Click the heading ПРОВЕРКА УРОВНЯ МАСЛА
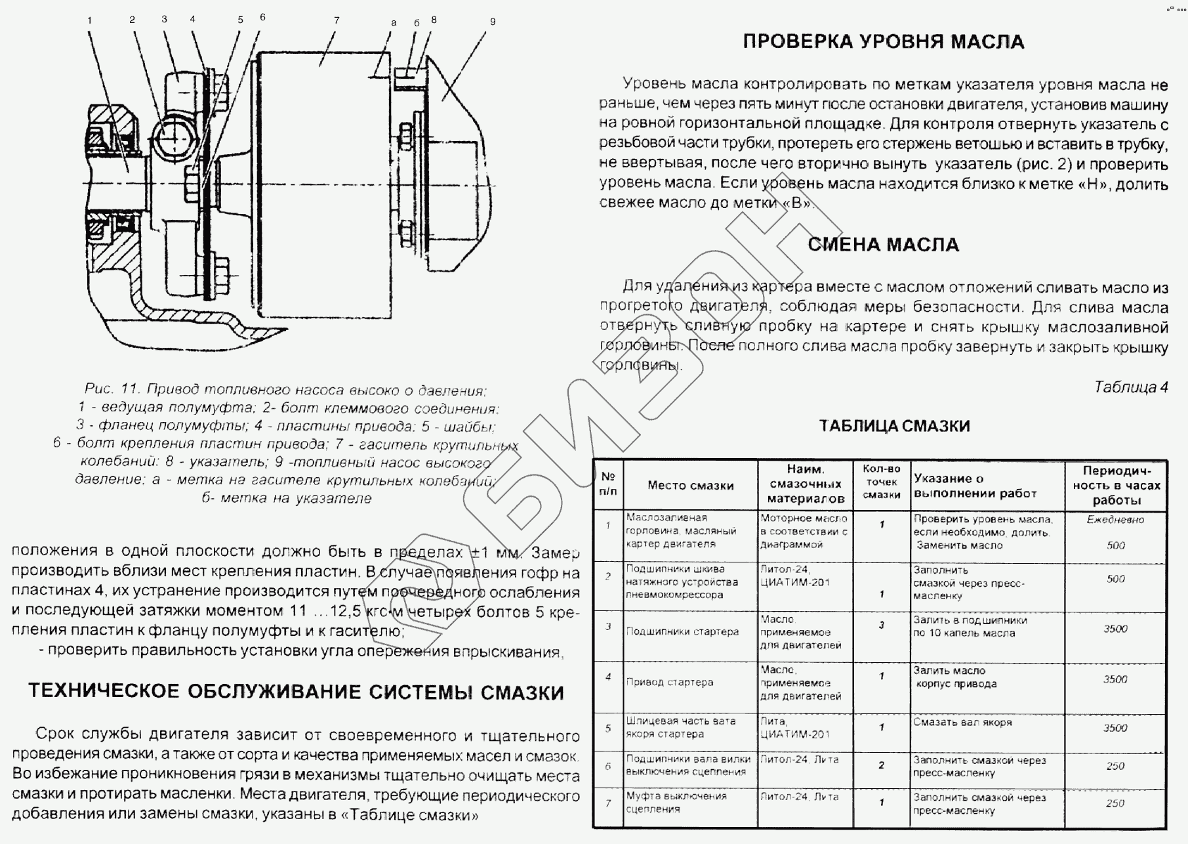883,42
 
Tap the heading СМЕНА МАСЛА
883,245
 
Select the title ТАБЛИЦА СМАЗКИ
894,426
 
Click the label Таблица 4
1131,387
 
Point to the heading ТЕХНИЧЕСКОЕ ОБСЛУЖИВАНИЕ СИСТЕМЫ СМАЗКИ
296,692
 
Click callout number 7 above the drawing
337,20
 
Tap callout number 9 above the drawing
493,22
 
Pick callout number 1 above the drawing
89,20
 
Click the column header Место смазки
690,486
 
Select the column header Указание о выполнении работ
975,486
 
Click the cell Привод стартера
669,683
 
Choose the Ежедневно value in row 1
1115,520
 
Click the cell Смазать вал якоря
962,723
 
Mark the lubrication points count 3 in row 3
882,625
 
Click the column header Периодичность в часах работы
1116,486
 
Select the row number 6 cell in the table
608,767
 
